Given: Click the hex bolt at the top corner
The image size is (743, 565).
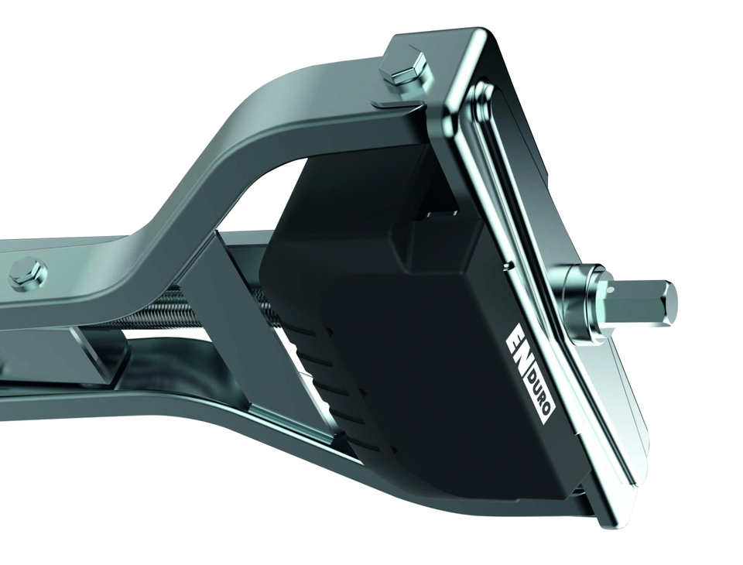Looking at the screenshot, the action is (406, 70).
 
